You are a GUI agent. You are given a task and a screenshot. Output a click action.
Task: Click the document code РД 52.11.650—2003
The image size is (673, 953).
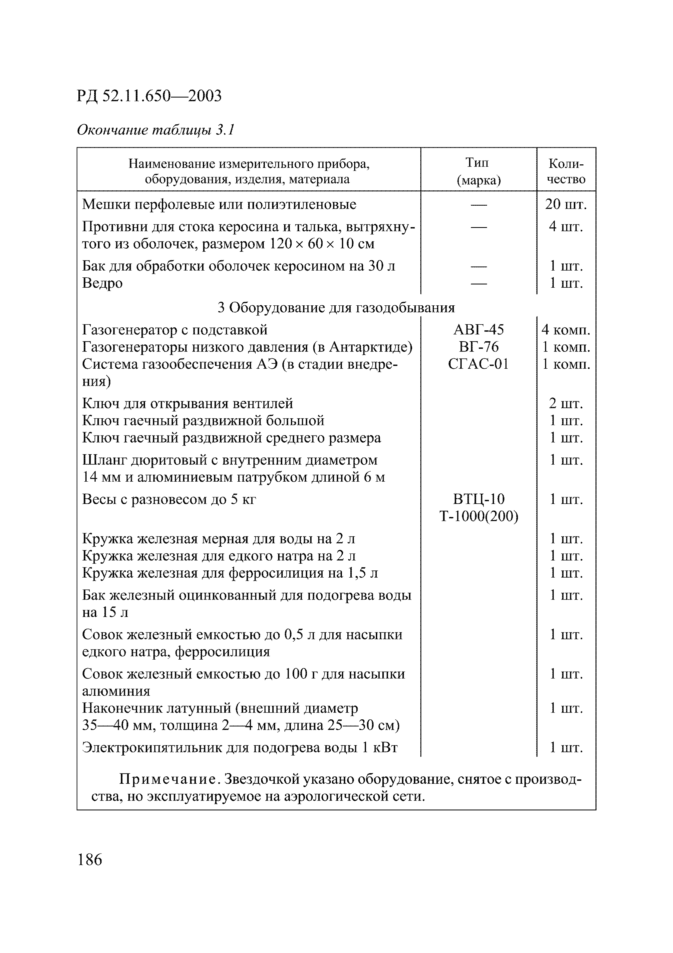point(149,96)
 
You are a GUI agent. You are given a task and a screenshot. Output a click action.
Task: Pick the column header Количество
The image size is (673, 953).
point(566,171)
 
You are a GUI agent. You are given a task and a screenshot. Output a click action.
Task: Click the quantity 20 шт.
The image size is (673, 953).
point(566,204)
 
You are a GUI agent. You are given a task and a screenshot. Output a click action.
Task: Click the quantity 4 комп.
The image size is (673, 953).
point(566,330)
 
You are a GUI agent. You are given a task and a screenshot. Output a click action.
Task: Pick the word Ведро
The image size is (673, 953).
point(102,283)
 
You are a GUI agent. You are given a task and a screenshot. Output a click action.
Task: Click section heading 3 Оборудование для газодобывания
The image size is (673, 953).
point(336,308)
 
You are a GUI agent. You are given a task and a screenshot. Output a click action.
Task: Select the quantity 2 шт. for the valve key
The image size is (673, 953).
point(566,403)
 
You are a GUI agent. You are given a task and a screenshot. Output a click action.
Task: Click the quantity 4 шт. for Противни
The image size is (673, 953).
point(566,227)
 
